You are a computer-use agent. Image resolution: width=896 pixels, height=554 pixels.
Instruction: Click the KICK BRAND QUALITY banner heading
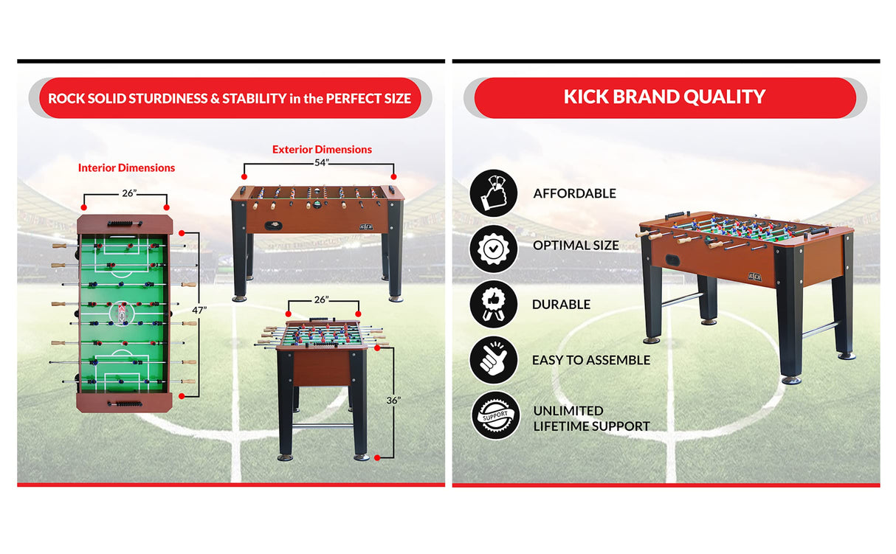coord(664,97)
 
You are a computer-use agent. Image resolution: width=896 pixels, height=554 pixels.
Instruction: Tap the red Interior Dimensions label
coord(127,168)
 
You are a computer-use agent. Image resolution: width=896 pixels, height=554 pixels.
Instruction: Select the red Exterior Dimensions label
coord(322,150)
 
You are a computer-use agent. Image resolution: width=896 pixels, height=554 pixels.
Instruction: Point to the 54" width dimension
coord(321,163)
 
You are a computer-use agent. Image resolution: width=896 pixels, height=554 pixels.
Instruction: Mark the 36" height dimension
coord(393,401)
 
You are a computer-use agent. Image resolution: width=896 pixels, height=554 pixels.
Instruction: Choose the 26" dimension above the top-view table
coord(129,194)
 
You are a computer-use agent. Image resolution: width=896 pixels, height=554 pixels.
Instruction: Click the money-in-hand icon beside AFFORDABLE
coord(494,193)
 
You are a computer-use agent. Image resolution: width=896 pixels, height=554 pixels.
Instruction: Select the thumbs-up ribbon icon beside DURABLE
coord(494,304)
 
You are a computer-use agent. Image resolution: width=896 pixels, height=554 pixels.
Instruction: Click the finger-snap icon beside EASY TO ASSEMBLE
coord(494,360)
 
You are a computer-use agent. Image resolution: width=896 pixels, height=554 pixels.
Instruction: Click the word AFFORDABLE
coord(574,194)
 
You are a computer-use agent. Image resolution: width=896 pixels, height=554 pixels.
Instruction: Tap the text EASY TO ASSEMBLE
coord(590,361)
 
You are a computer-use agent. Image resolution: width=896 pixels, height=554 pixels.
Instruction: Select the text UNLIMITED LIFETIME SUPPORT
coord(590,418)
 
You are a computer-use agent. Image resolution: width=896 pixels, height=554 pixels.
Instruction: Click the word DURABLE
coord(561,305)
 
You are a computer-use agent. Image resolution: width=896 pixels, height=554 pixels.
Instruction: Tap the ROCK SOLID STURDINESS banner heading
coord(230,98)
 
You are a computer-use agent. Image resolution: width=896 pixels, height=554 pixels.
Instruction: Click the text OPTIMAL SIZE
coord(576,246)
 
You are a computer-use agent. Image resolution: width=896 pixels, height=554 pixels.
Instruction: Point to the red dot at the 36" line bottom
coord(377,458)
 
